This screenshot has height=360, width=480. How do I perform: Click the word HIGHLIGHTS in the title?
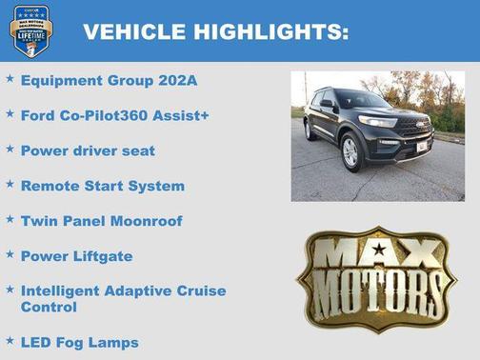point(270,31)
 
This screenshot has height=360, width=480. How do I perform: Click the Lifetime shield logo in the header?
point(31,30)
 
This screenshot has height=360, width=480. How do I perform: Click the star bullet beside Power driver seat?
point(9,150)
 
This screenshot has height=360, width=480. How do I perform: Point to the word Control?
point(49,308)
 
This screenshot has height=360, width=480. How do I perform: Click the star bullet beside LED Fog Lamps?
point(9,341)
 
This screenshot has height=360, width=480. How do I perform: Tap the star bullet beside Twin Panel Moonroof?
point(9,220)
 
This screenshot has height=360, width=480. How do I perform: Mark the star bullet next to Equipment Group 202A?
point(9,79)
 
